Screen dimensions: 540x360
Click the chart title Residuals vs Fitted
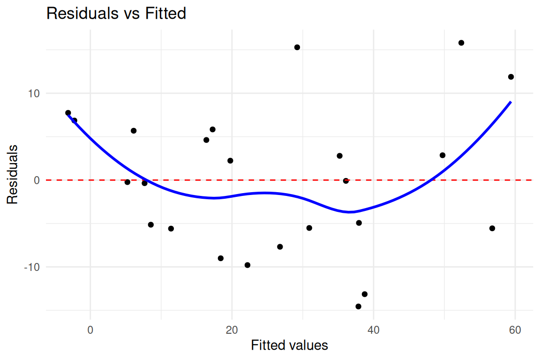point(116,14)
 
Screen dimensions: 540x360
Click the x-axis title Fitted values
point(289,345)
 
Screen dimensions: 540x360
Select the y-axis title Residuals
point(12,175)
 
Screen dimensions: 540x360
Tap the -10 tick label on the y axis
point(32,267)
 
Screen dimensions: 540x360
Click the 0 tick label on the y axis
point(37,180)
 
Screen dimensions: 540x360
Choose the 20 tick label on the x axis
point(232,330)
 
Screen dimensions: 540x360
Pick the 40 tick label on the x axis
point(373,330)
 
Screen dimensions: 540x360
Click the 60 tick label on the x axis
point(515,330)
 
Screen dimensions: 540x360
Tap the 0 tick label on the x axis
point(90,330)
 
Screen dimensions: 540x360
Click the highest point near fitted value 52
point(461,43)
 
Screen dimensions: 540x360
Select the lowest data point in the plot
point(358,307)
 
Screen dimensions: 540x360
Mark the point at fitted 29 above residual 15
point(297,47)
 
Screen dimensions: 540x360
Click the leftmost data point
point(68,113)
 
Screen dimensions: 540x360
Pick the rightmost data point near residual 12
point(511,77)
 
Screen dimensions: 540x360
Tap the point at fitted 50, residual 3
point(442,155)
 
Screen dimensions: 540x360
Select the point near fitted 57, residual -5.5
point(492,228)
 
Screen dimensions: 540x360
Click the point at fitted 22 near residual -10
point(247,265)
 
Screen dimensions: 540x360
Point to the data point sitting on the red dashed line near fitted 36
point(346,181)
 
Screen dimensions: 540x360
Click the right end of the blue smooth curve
point(511,102)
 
